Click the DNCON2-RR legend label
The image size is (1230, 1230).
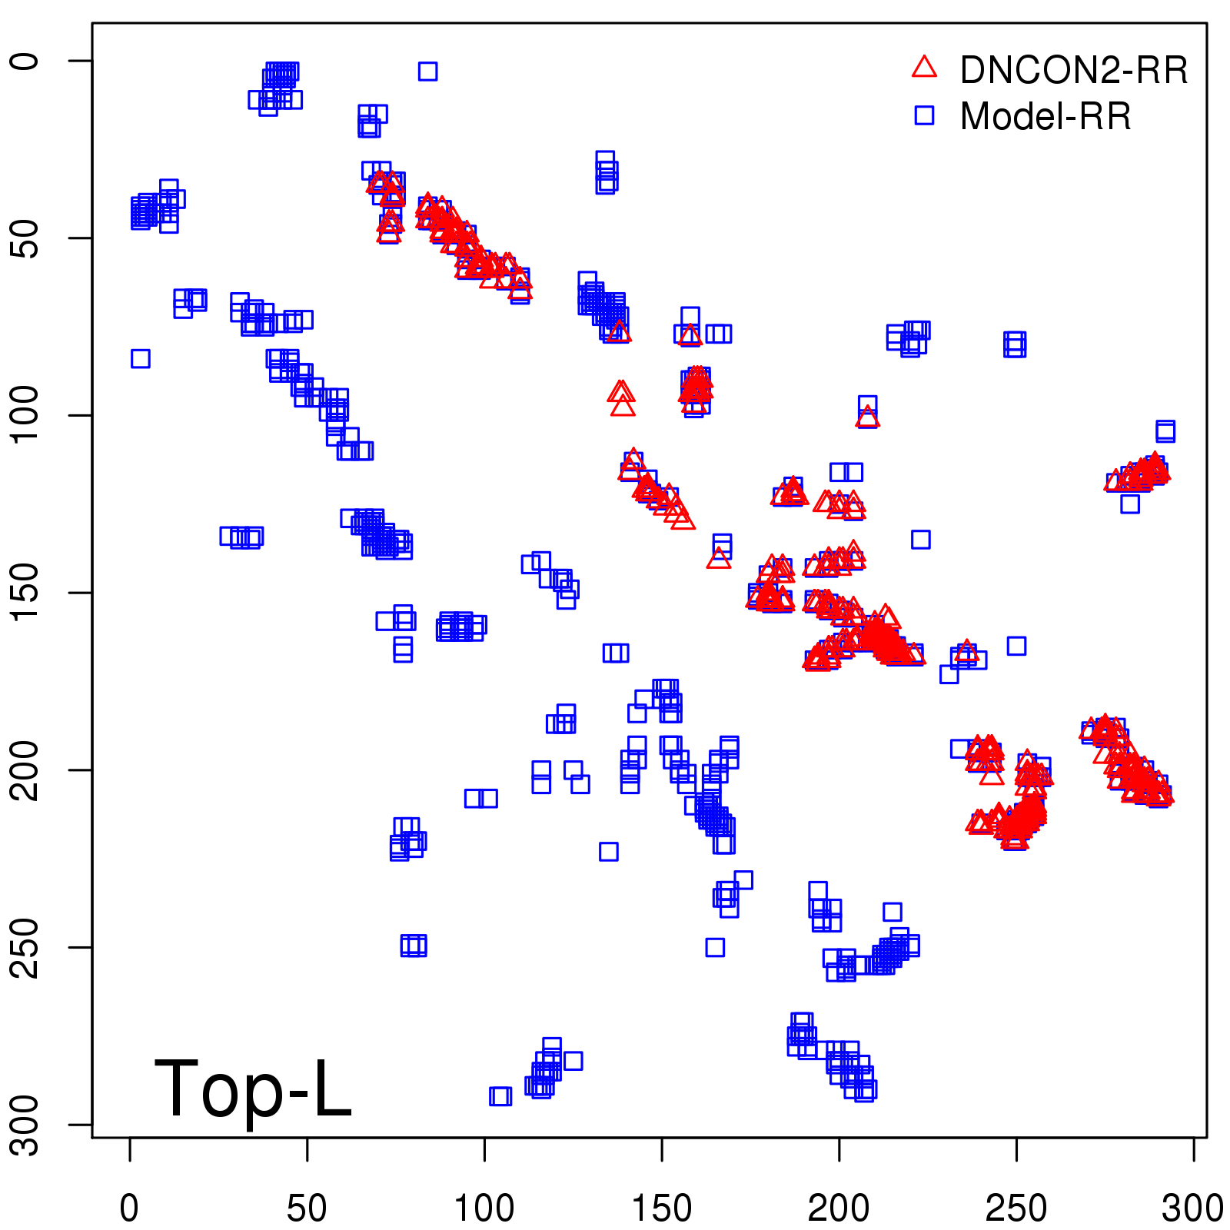pos(1073,71)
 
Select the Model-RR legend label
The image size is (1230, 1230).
pos(1045,117)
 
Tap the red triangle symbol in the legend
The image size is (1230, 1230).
pos(924,68)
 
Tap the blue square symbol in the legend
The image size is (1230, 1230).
pos(924,115)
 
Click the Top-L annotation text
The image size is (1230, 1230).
pos(253,1089)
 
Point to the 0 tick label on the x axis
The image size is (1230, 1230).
pos(129,1208)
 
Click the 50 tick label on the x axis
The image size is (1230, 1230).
pos(307,1208)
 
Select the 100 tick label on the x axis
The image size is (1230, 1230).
pos(484,1208)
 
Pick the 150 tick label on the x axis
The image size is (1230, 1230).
pos(661,1208)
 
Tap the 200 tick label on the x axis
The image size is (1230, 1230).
pos(839,1208)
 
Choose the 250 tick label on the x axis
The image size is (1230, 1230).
pos(1016,1208)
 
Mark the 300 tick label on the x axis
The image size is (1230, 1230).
pos(1192,1208)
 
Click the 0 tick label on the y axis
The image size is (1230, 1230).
pos(26,61)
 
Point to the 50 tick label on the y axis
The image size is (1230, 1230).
pos(26,238)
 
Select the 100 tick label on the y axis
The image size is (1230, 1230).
pos(26,415)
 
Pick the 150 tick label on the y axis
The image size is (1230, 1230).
pos(26,593)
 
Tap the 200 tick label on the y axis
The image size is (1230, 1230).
pos(26,770)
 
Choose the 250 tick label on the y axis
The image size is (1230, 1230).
pos(26,947)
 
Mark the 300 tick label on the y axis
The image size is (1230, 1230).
pos(26,1124)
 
